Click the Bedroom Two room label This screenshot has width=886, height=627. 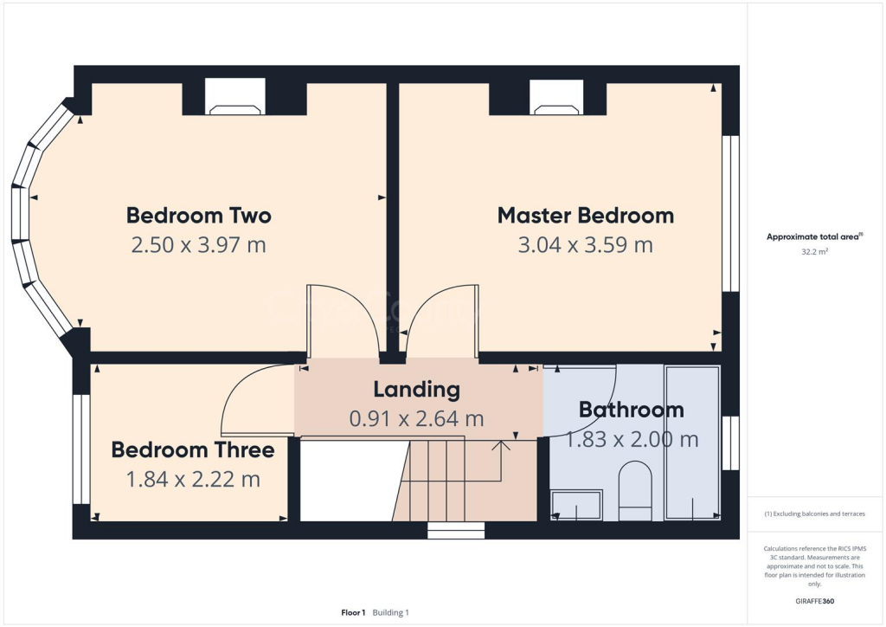(199, 216)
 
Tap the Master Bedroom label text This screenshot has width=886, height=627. (585, 216)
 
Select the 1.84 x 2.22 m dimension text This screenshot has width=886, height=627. (192, 479)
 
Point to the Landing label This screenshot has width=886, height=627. (416, 390)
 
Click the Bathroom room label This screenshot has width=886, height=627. (631, 410)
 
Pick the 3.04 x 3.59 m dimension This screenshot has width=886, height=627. (585, 245)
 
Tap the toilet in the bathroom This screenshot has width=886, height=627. (635, 490)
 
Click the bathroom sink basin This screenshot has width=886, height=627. (577, 506)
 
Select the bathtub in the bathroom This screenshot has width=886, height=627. (691, 443)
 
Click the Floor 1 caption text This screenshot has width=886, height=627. (353, 612)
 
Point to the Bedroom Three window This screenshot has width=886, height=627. (80, 449)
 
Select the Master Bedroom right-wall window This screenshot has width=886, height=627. (732, 213)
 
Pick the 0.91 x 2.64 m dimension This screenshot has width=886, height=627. (416, 419)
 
